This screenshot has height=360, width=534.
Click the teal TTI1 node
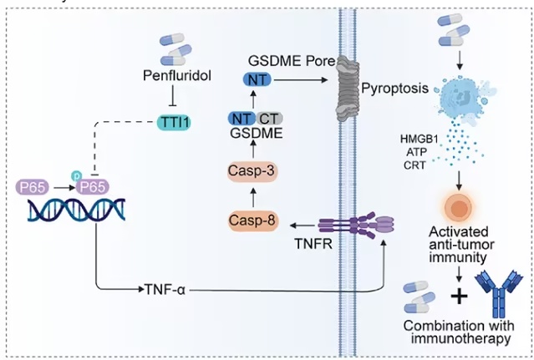tap(174, 123)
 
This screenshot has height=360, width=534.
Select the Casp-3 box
tap(252, 171)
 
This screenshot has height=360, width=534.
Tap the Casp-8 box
tap(252, 221)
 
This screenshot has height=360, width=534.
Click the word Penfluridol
tap(177, 75)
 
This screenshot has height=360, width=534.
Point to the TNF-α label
tap(165, 290)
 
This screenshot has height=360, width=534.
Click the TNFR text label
tap(313, 244)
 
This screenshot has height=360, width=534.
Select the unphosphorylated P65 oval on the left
tap(33, 187)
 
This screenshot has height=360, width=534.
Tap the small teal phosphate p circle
tap(76, 176)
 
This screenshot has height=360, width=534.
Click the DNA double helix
tap(76, 210)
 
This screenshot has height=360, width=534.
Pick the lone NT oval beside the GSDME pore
tap(257, 80)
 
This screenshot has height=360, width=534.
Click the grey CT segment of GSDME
tap(269, 119)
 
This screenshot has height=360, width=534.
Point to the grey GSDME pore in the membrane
tap(348, 89)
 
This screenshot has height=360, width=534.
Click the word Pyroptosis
tap(394, 89)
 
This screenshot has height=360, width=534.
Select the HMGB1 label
tap(419, 139)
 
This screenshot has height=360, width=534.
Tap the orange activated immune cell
tap(459, 207)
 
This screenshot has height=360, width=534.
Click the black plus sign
tap(459, 297)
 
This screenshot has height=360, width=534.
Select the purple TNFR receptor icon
tap(356, 225)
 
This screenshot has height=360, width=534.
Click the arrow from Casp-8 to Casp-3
tap(253, 197)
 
